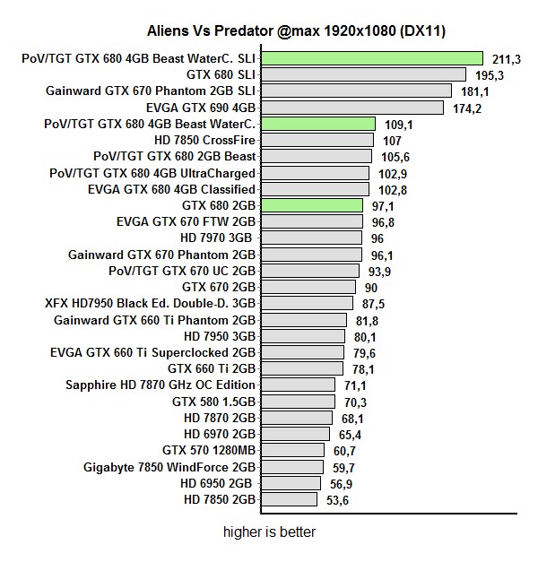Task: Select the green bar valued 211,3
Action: click(372, 58)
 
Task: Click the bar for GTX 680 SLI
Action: click(363, 74)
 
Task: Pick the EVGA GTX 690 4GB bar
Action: click(351, 108)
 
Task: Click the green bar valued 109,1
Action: click(317, 124)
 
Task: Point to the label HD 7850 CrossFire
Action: click(205, 140)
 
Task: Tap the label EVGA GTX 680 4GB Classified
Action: click(171, 189)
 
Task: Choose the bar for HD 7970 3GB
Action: click(311, 238)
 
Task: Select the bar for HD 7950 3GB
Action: click(302, 336)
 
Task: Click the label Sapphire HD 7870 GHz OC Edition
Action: click(161, 385)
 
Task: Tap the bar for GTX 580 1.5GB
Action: click(297, 402)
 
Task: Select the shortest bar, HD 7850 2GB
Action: click(288, 499)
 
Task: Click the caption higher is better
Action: click(270, 532)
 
